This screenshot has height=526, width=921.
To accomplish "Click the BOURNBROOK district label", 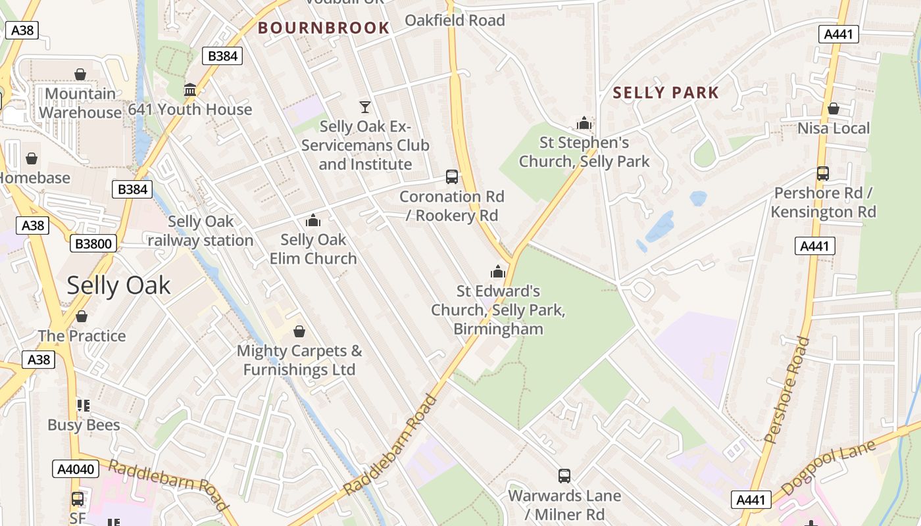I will pyautogui.click(x=324, y=28).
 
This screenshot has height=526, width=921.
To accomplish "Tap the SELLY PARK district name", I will pyautogui.click(x=666, y=93).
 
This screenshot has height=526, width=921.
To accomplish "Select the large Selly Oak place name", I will pyautogui.click(x=118, y=285).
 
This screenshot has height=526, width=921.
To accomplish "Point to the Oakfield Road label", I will pyautogui.click(x=455, y=20).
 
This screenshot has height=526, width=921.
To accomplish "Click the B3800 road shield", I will pyautogui.click(x=93, y=244).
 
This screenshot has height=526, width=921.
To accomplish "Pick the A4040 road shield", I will pyautogui.click(x=75, y=469).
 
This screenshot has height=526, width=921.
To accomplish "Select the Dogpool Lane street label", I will pyautogui.click(x=829, y=468).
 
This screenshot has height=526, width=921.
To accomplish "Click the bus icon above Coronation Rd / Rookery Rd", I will pyautogui.click(x=452, y=176).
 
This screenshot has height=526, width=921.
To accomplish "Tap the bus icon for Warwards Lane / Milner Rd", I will pyautogui.click(x=564, y=476).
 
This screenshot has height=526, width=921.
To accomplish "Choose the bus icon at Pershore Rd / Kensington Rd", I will pyautogui.click(x=823, y=173).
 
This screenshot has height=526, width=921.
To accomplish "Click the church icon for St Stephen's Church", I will pyautogui.click(x=584, y=123).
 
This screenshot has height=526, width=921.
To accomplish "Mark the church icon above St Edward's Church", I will pyautogui.click(x=498, y=271).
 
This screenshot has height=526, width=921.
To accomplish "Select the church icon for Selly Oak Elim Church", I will pyautogui.click(x=313, y=220).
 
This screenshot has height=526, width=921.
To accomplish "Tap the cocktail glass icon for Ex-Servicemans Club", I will pyautogui.click(x=365, y=107).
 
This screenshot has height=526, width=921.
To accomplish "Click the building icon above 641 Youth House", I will pyautogui.click(x=190, y=89).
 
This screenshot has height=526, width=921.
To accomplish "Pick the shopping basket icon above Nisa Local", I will pyautogui.click(x=834, y=108).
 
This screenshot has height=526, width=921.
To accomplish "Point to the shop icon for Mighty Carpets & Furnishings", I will pyautogui.click(x=299, y=331).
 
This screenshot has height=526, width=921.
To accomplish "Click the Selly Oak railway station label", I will pyautogui.click(x=200, y=231).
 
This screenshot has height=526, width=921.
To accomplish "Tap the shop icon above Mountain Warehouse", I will pyautogui.click(x=80, y=74).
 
